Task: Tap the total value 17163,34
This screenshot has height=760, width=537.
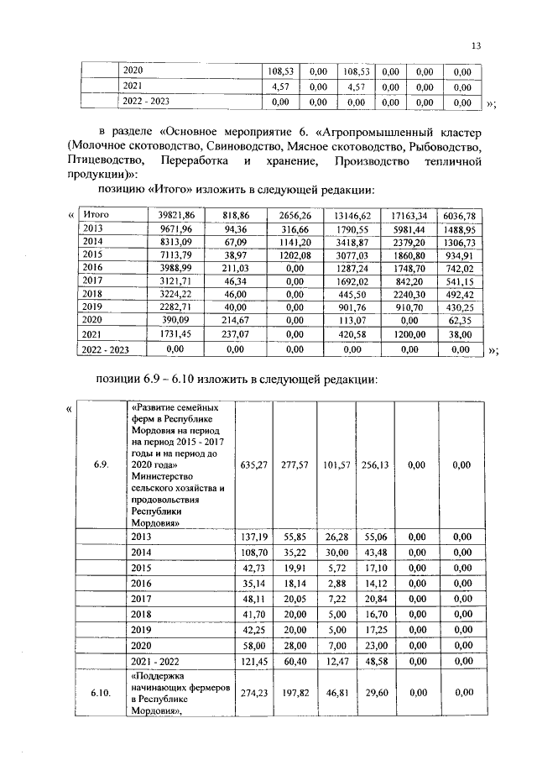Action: [404, 216]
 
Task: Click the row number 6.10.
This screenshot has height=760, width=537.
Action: [100, 694]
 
